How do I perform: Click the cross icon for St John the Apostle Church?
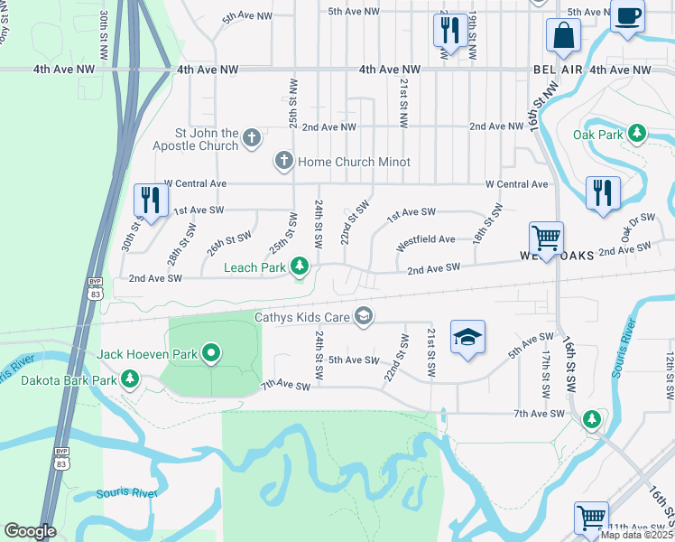point(252,139)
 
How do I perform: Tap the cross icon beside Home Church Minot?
point(283,162)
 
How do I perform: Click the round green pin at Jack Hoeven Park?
point(211,353)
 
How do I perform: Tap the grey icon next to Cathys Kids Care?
point(364,315)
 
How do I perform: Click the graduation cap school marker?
point(467,338)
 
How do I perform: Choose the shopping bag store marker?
point(563,37)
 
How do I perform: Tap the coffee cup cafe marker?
point(628,16)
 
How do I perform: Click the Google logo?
point(30,531)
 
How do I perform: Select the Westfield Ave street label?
point(426,239)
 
